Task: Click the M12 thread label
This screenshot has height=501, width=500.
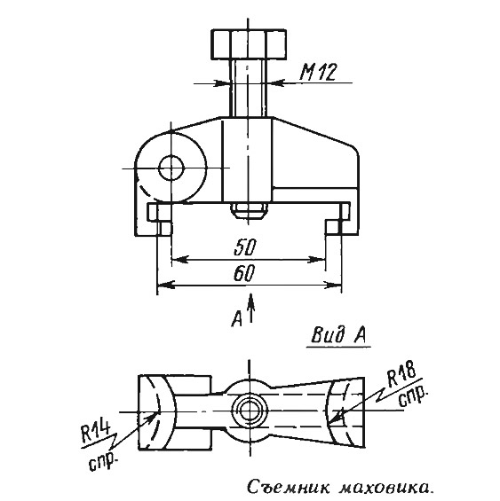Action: pyautogui.click(x=318, y=72)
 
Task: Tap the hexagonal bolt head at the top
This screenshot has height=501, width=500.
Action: pyautogui.click(x=249, y=44)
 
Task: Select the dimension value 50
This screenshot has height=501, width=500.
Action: pyautogui.click(x=245, y=247)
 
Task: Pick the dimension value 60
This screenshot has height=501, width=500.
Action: pyautogui.click(x=244, y=273)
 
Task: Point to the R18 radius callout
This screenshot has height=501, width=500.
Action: pyautogui.click(x=402, y=373)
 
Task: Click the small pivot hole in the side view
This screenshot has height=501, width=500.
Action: pyautogui.click(x=171, y=168)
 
